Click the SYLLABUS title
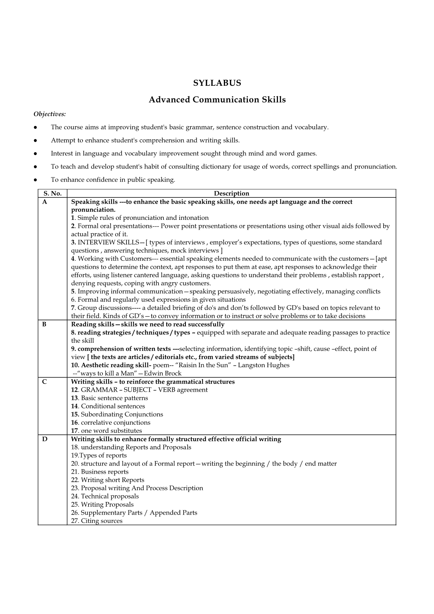click(x=217, y=83)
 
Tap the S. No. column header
click(x=52, y=193)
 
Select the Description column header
click(x=231, y=193)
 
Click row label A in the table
click(x=44, y=202)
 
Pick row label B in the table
click(x=44, y=325)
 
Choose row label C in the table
click(x=44, y=382)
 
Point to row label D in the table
click(x=44, y=439)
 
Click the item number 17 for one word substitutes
click(x=74, y=431)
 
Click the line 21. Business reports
click(x=100, y=472)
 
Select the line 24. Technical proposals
click(x=105, y=496)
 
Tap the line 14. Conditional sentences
click(x=108, y=406)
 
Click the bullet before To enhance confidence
click(x=35, y=180)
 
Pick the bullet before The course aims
click(x=35, y=127)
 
